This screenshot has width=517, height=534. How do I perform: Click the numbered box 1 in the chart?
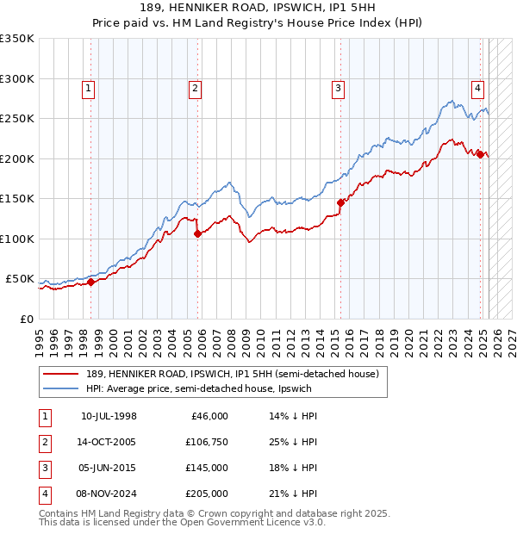click(90, 87)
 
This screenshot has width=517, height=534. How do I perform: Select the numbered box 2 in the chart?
click(196, 87)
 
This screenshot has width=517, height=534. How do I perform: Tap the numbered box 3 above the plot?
click(339, 87)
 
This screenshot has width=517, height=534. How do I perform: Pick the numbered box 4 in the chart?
click(477, 87)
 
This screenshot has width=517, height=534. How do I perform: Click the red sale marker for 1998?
click(90, 282)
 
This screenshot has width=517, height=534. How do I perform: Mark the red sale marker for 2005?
click(197, 233)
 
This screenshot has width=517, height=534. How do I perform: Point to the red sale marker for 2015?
click(340, 202)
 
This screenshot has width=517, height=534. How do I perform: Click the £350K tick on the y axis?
click(18, 39)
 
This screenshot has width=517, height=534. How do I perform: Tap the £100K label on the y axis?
click(18, 239)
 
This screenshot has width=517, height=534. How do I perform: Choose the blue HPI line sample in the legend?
click(60, 388)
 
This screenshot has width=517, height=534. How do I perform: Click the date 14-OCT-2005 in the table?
click(108, 443)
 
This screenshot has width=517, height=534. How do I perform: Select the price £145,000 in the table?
click(207, 469)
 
